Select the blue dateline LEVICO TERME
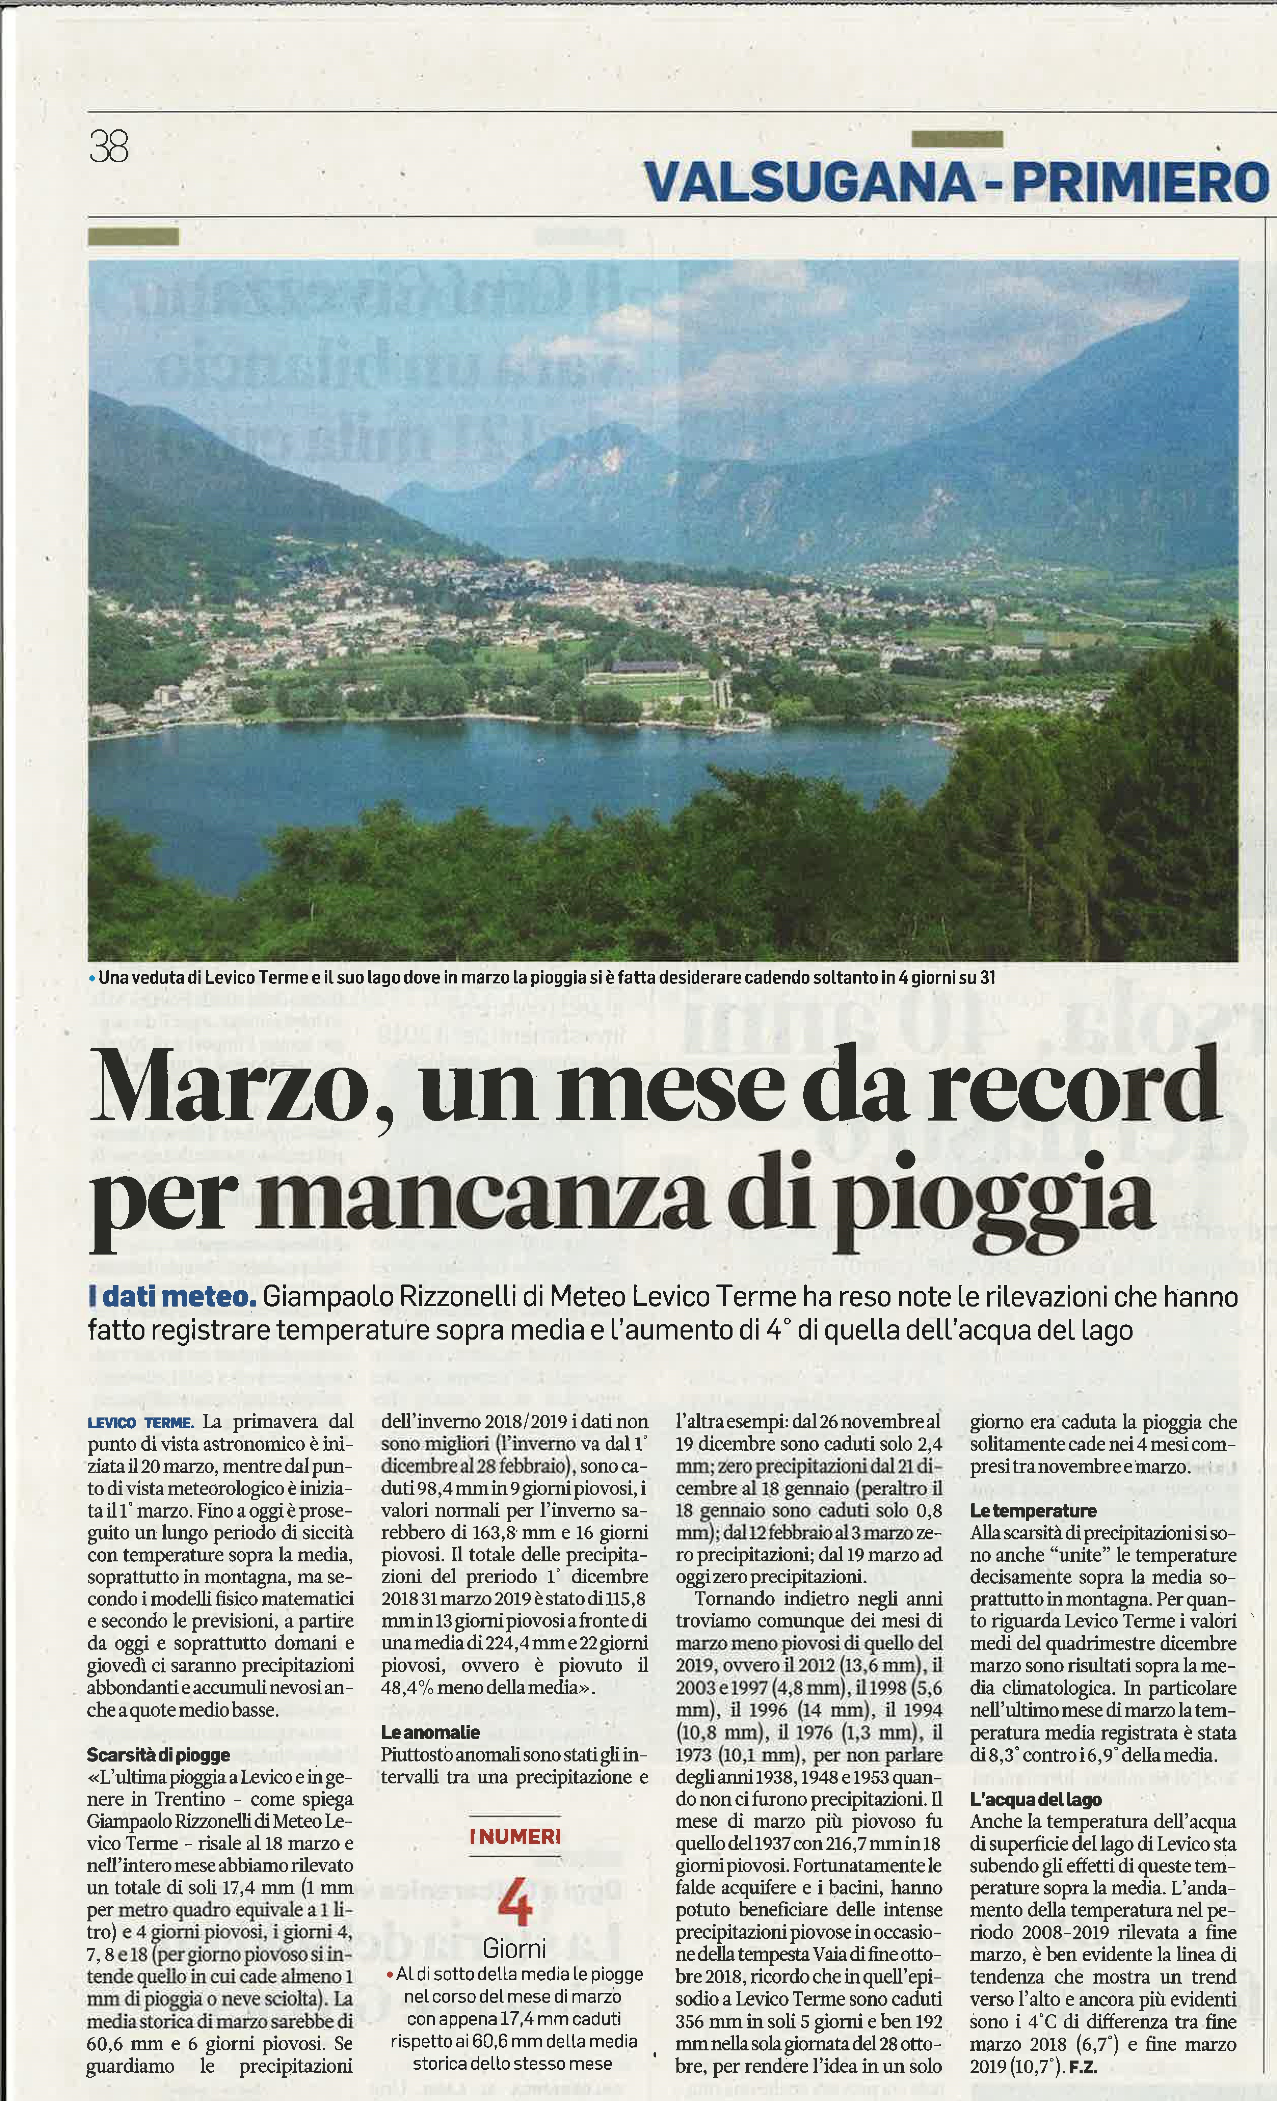(x=141, y=1423)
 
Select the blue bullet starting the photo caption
(x=92, y=978)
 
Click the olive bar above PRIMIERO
(x=957, y=138)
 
